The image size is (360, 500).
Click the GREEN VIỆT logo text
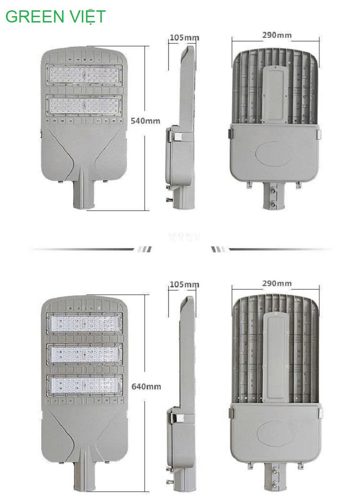coord(55,17)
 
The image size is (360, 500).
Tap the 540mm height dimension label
coord(145,121)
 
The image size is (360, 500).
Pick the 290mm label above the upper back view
coord(277,35)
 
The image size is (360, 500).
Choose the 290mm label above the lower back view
coord(277,283)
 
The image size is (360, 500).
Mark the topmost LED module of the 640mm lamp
coord(84,324)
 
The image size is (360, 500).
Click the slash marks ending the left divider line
coord(144,249)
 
